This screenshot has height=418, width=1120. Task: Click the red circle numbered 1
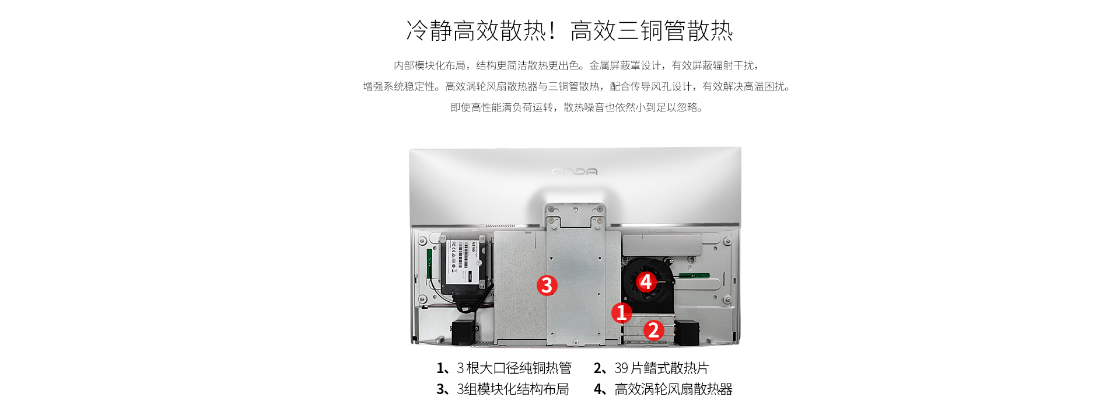pyautogui.click(x=622, y=312)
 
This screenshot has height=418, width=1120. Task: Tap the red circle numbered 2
pyautogui.click(x=654, y=330)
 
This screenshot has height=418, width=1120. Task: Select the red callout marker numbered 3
pyautogui.click(x=547, y=285)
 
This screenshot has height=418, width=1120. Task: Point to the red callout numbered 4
pyautogui.click(x=646, y=282)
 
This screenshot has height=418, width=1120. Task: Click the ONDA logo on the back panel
pyautogui.click(x=575, y=172)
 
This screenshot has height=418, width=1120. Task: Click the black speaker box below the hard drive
pyautogui.click(x=465, y=332)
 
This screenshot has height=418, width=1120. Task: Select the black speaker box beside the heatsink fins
pyautogui.click(x=687, y=333)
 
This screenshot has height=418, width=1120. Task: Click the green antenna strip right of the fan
pyautogui.click(x=694, y=276)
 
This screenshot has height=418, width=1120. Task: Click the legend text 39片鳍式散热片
pyautogui.click(x=661, y=368)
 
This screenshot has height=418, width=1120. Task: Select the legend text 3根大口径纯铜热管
pyautogui.click(x=514, y=368)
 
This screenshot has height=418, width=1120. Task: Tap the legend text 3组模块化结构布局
pyautogui.click(x=513, y=389)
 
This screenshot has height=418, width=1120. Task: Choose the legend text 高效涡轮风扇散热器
pyautogui.click(x=673, y=389)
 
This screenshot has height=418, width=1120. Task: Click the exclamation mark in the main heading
pyautogui.click(x=552, y=31)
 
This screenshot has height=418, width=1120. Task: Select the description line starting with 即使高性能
pyautogui.click(x=576, y=107)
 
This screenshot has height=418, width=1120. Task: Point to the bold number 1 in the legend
pyautogui.click(x=440, y=368)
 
